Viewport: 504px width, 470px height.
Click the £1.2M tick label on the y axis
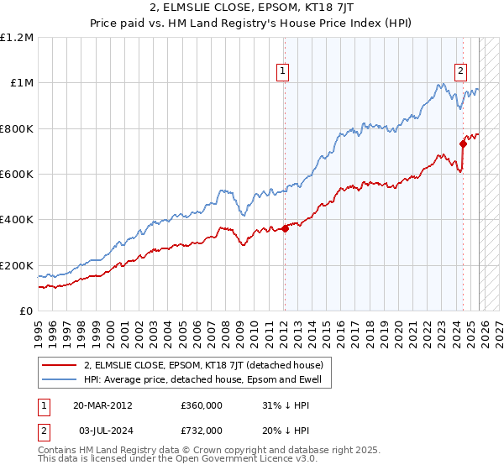17,37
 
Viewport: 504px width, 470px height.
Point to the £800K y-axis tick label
17,128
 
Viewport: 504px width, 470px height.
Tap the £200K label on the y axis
17,265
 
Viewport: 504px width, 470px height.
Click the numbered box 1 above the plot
284,72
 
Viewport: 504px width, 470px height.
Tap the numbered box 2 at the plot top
461,72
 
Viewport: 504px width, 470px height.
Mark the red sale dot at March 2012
285,228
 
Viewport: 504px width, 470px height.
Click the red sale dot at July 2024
463,144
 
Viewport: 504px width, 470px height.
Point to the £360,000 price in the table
201,405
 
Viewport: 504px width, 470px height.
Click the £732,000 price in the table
201,430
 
